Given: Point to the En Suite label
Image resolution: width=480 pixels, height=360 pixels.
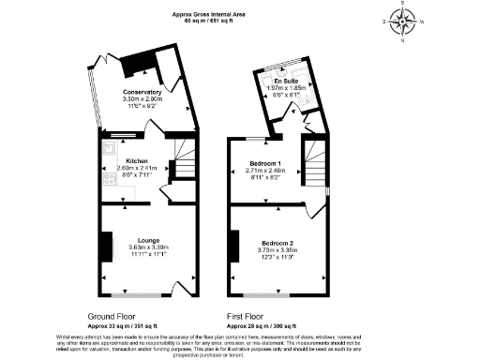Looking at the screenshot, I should [287, 82].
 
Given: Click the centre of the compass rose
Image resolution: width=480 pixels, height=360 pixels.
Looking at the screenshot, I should [402, 21].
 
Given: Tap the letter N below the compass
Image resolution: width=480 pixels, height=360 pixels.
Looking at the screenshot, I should [402, 39].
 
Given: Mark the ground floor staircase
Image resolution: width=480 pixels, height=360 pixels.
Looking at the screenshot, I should [183, 163].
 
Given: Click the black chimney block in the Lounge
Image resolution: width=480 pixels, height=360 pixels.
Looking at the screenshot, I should [104, 246].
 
